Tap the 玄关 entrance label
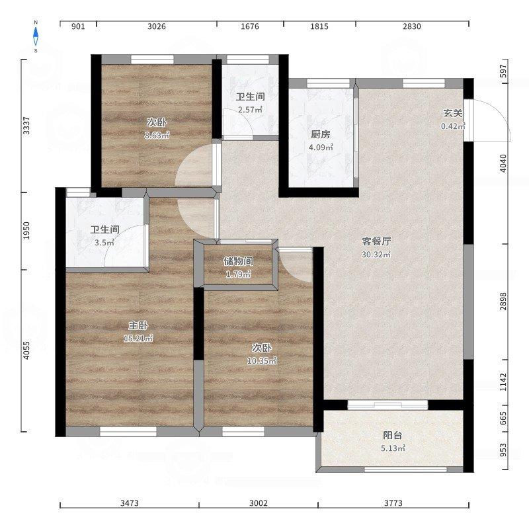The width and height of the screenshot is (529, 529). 453,113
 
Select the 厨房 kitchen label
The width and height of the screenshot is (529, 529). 321,134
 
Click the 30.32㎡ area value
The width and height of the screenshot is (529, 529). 376,255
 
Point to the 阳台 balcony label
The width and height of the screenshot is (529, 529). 393,435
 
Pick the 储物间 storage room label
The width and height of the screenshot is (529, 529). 238,261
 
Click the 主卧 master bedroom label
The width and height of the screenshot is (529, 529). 138,325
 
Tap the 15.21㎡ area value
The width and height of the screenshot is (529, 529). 138,338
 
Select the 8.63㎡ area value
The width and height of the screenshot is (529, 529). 157,136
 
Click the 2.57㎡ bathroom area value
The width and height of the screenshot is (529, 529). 251,110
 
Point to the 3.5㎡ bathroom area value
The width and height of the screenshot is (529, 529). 104,242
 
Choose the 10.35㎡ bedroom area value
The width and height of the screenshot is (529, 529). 262,360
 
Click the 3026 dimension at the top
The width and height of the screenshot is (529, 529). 157,26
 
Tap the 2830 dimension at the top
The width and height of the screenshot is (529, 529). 411,26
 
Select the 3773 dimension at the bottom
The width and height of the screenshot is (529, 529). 393,503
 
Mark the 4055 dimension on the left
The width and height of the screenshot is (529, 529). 26,350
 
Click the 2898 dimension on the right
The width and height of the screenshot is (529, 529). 503,302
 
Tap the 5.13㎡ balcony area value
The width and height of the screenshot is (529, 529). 393,448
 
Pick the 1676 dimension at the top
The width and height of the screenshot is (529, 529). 250,26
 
